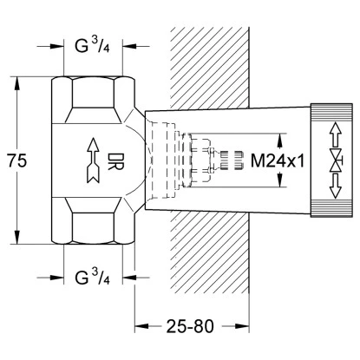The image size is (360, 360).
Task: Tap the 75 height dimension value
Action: [14, 162]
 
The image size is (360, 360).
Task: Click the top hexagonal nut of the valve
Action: [90, 96]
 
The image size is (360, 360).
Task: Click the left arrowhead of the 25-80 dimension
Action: [139, 327]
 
